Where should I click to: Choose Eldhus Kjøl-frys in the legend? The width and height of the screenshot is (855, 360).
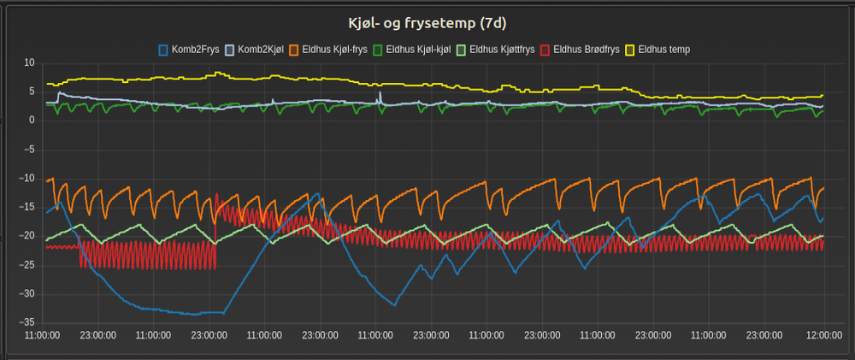[333, 50]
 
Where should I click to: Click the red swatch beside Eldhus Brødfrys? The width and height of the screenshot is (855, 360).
[545, 50]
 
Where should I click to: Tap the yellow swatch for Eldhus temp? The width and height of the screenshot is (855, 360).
[634, 50]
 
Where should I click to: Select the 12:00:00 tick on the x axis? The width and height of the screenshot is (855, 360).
[822, 336]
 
